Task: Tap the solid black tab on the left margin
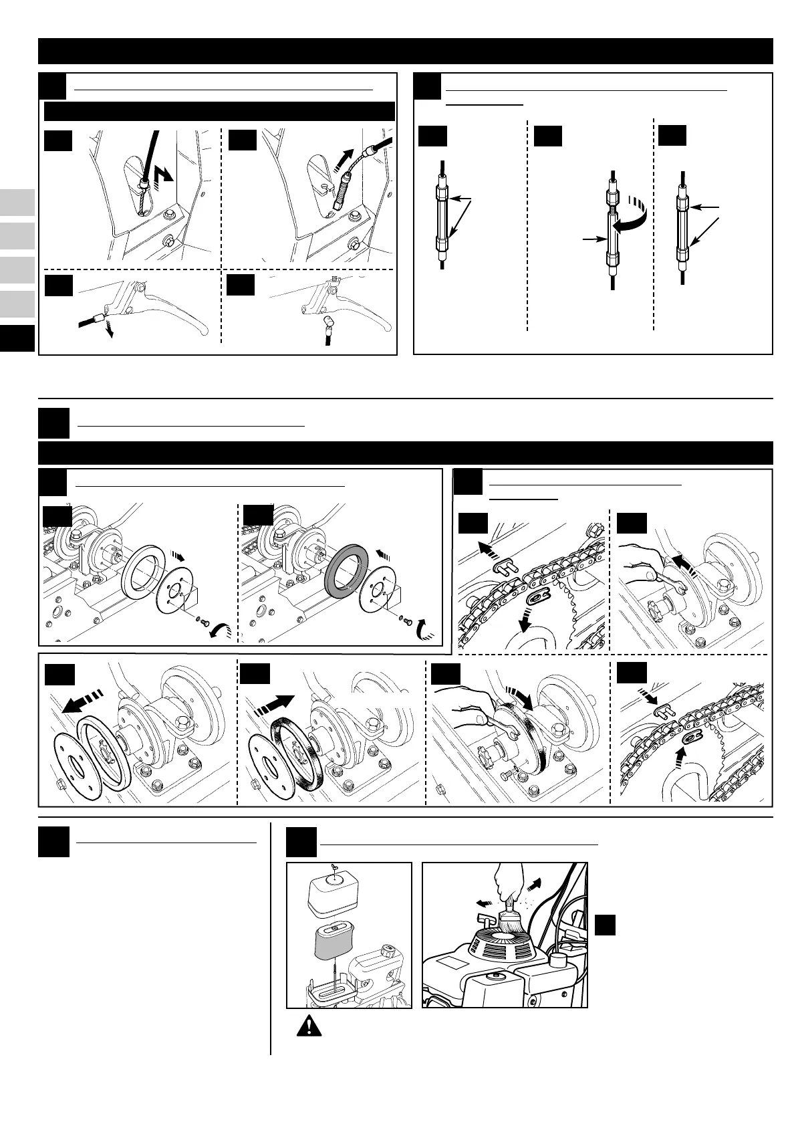(x=17, y=338)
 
